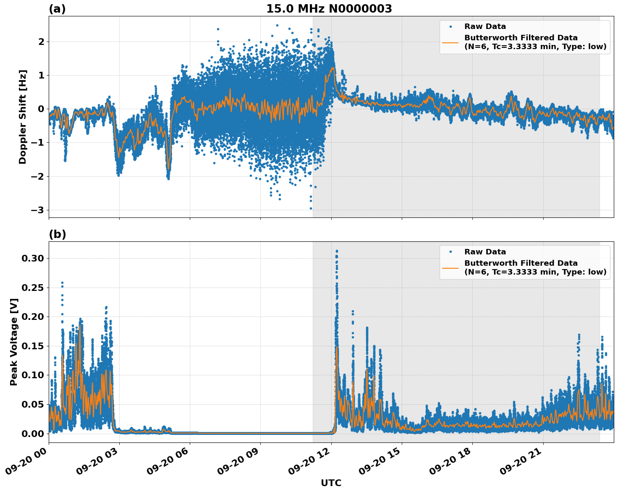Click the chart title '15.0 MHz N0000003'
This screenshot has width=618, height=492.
click(329, 9)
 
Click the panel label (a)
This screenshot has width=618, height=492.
click(57, 9)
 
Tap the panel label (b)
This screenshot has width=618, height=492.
click(57, 234)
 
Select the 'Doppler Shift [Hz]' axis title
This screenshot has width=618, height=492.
click(23, 117)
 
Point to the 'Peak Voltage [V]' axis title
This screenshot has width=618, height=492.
click(14, 342)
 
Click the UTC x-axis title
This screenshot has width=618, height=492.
click(331, 483)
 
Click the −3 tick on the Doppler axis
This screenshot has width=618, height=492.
click(38, 210)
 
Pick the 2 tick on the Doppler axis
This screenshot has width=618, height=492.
click(41, 42)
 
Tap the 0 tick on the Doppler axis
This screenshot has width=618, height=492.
click(41, 109)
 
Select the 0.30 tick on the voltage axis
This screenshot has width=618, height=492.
click(33, 258)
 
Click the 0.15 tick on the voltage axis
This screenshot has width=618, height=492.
click(33, 346)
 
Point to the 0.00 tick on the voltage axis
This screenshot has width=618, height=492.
click(33, 434)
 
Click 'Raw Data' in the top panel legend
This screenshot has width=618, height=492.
click(485, 26)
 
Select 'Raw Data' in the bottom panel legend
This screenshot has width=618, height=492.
click(485, 252)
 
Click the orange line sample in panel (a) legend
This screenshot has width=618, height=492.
click(450, 42)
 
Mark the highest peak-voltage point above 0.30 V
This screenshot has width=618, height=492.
click(337, 251)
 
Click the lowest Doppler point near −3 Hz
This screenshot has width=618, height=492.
click(311, 208)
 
